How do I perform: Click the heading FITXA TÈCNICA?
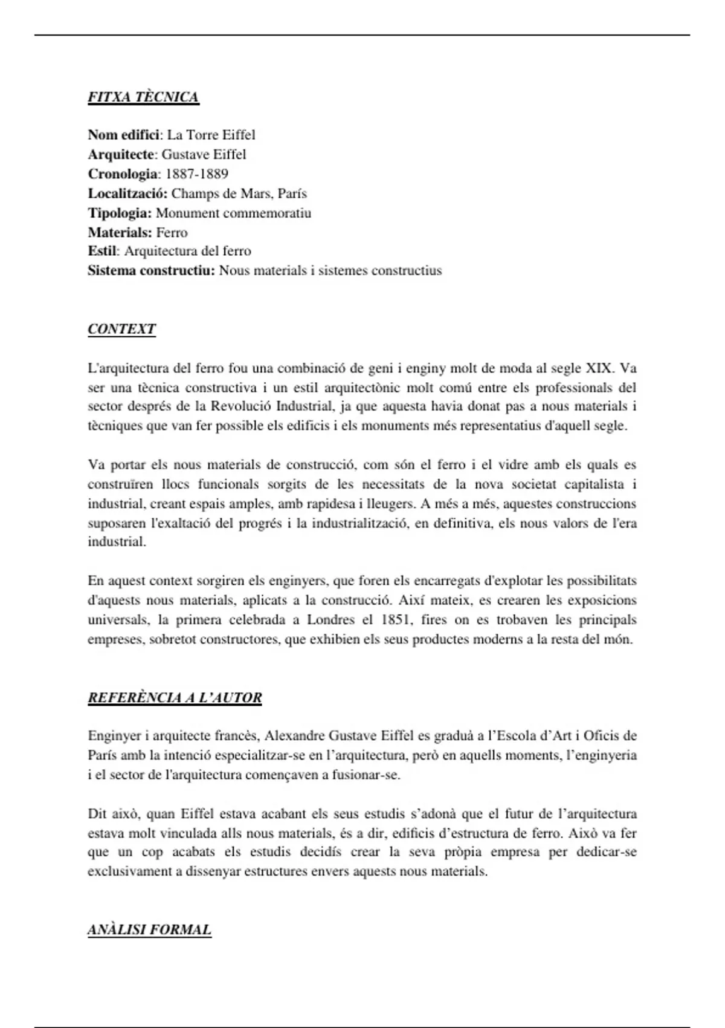coord(143,97)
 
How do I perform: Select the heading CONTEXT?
coord(121,329)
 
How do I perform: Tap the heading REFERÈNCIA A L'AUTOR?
coord(175,698)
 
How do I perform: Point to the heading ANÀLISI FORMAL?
coord(149,929)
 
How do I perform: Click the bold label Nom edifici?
coord(124,135)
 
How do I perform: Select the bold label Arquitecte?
coord(121,154)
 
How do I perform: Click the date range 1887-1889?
coord(196,174)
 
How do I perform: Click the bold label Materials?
coord(120,232)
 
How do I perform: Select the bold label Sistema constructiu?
coord(151,270)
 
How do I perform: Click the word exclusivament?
coord(126,871)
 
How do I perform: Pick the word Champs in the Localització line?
coord(192,194)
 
